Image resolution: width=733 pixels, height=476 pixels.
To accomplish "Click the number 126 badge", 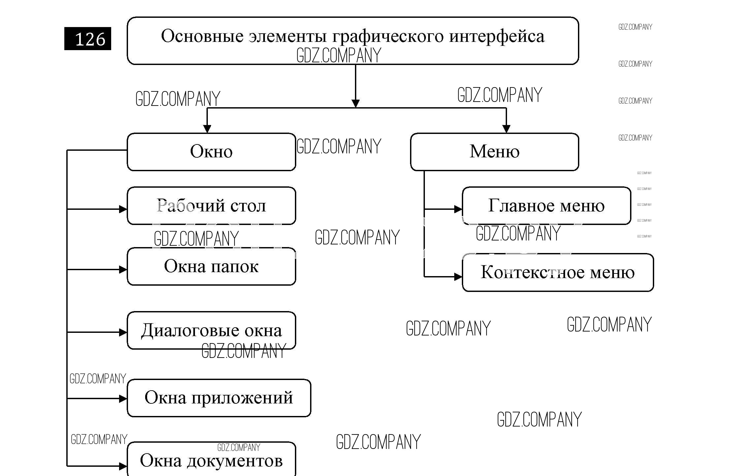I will pyautogui.click(x=88, y=39).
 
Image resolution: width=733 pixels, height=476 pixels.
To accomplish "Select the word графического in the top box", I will pyautogui.click(x=388, y=36).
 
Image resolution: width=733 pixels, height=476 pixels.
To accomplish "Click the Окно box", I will pyautogui.click(x=211, y=152).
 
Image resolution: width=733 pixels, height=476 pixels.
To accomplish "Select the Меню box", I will pyautogui.click(x=494, y=152).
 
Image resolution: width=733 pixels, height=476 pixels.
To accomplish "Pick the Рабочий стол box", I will pyautogui.click(x=211, y=206).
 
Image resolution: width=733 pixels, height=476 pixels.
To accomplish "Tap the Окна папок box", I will pyautogui.click(x=211, y=266).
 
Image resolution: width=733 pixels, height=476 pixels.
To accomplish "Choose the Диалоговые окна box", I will pyautogui.click(x=211, y=330).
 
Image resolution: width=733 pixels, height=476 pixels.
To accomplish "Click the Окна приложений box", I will pyautogui.click(x=219, y=398).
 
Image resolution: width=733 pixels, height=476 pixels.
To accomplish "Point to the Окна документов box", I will pyautogui.click(x=211, y=460).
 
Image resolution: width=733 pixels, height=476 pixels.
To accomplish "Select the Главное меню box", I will pyautogui.click(x=546, y=206).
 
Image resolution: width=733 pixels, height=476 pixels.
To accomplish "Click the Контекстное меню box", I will pyautogui.click(x=558, y=272).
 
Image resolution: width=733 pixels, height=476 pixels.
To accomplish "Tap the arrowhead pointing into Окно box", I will pyautogui.click(x=207, y=129).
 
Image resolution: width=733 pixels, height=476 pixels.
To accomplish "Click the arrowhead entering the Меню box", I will pyautogui.click(x=506, y=129).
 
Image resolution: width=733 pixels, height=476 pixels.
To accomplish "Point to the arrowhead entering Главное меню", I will pyautogui.click(x=458, y=209).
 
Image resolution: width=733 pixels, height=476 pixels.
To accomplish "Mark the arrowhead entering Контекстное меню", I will pyautogui.click(x=458, y=277).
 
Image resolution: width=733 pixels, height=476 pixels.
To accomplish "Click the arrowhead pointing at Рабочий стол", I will pyautogui.click(x=123, y=209).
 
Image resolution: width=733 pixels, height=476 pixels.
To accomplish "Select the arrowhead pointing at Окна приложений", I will pyautogui.click(x=123, y=399).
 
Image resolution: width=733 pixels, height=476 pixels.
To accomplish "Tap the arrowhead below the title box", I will pyautogui.click(x=355, y=103).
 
